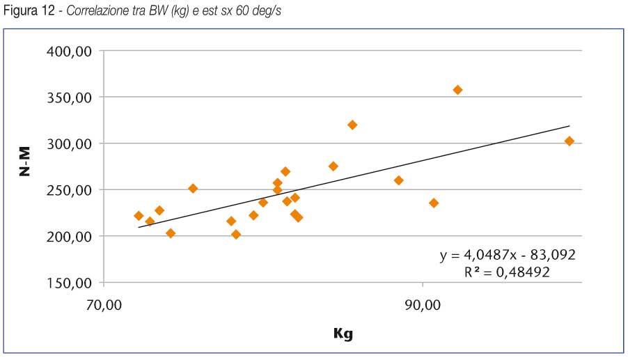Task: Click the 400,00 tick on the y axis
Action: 68,52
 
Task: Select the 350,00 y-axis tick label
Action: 68,98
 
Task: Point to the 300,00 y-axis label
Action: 68,144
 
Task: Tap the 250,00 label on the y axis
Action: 68,190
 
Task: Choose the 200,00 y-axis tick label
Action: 68,237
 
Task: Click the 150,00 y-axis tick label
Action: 68,283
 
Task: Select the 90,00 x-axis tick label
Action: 423,305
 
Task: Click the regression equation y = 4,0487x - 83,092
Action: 508,255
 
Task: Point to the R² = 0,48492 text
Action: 508,272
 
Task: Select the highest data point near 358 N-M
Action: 457,90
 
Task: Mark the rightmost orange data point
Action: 569,141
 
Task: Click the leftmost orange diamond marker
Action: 139,216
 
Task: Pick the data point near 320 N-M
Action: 352,125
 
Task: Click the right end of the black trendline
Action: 570,126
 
